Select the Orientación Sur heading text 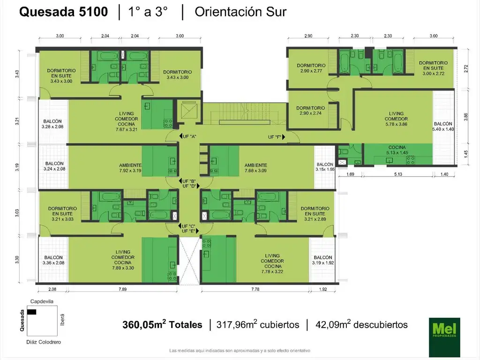(x=240, y=12)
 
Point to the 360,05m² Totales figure (x=162, y=324)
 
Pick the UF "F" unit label (x=276, y=136)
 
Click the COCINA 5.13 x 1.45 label (x=397, y=150)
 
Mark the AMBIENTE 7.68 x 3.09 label (x=255, y=168)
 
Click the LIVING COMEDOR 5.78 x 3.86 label (x=397, y=119)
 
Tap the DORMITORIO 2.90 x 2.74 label (x=310, y=111)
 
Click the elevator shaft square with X (x=189, y=111)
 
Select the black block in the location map (x=32, y=312)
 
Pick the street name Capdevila (x=43, y=300)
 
